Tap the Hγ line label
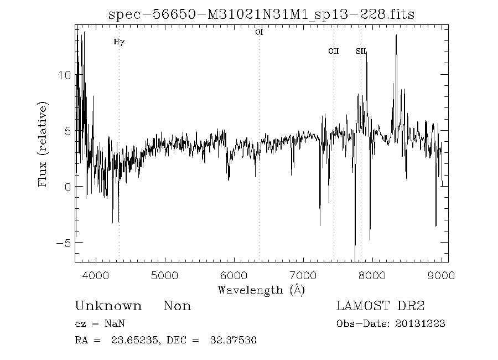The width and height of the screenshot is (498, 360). [x=119, y=42]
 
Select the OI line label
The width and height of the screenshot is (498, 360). [x=259, y=32]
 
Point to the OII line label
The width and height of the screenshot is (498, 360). [x=333, y=51]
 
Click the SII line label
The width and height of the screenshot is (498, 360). [x=361, y=51]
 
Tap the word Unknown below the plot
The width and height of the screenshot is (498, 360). [x=108, y=306]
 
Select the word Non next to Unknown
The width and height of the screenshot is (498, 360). [x=177, y=306]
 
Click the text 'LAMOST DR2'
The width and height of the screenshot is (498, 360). [x=380, y=306]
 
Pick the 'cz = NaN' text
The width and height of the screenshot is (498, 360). [x=103, y=324]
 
